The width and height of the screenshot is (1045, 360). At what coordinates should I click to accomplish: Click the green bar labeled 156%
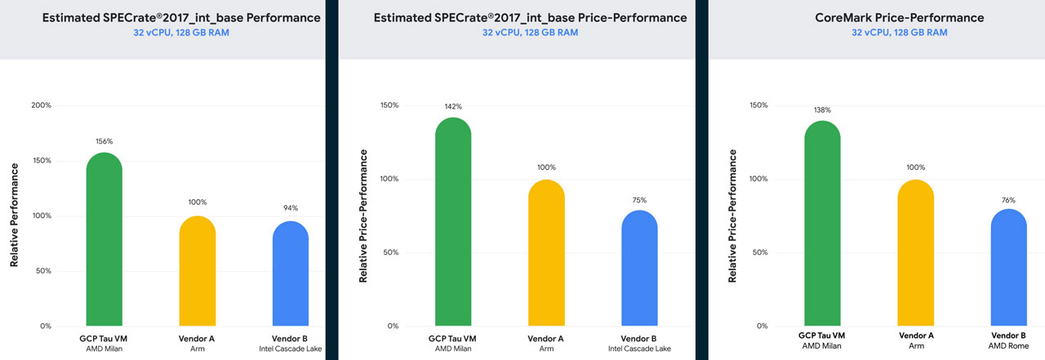pos(104,239)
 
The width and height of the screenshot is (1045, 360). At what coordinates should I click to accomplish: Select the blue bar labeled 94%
pos(290,273)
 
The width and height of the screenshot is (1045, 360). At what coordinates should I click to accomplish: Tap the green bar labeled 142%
pos(453,221)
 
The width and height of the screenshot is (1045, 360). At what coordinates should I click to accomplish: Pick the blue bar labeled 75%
pos(639,268)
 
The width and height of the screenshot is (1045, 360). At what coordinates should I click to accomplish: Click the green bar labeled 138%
pos(822,224)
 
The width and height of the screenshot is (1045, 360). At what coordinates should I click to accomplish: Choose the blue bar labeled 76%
pos(1008,267)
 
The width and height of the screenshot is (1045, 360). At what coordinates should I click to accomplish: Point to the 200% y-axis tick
pos(41,105)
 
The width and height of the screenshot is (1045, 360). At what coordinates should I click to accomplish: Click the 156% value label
pos(104,141)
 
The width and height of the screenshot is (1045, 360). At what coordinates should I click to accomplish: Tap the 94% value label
pos(290,208)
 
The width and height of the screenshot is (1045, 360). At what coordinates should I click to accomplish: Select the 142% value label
pos(453,107)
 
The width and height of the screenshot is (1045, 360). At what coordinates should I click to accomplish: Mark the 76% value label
pos(1008,200)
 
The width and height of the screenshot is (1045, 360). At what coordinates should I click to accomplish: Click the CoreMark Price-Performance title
pos(900,18)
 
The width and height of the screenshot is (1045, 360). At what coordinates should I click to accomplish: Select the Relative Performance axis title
pos(15,215)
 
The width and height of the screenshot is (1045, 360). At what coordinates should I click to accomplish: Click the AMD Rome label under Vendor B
pos(1008,346)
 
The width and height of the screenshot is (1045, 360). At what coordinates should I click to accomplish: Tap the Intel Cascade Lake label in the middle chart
pos(639,349)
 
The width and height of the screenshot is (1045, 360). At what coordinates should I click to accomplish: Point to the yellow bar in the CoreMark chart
pos(916,253)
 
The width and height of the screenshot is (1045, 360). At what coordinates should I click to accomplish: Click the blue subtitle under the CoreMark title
pos(900,33)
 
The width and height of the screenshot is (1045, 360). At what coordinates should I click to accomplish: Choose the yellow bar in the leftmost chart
pos(198,271)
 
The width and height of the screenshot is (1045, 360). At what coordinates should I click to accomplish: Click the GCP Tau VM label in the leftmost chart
pos(103,339)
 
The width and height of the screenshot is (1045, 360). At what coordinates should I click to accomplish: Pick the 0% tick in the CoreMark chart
pos(762,326)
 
